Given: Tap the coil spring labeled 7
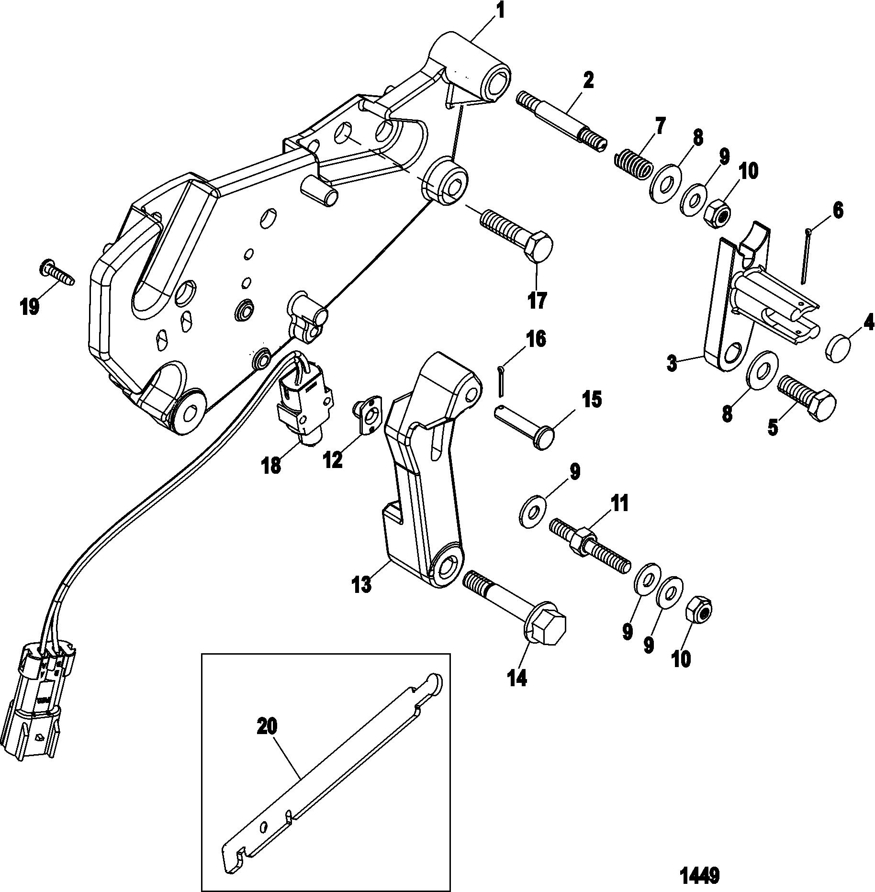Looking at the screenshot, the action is tap(633, 164).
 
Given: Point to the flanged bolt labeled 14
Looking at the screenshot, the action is tap(515, 608).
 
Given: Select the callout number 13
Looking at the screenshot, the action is tap(362, 584).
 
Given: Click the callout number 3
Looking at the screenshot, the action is tap(672, 364).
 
